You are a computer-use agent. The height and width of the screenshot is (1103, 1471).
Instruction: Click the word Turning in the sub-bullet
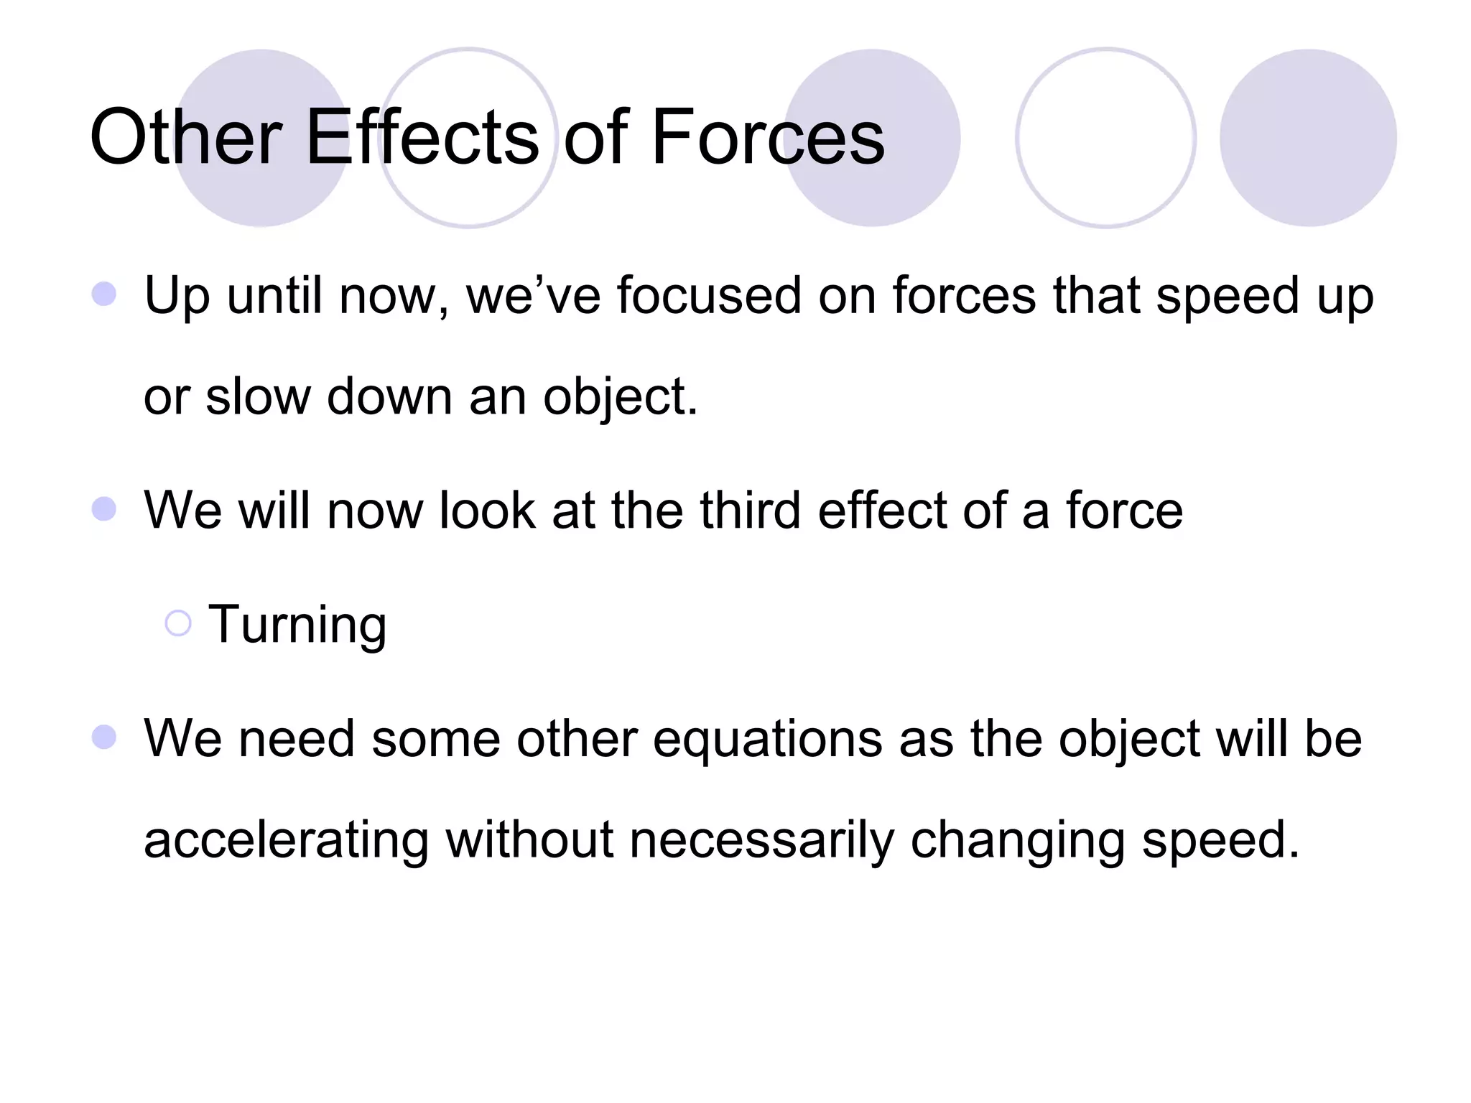point(297,625)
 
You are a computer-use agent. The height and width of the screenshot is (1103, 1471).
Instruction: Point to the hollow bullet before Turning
point(177,623)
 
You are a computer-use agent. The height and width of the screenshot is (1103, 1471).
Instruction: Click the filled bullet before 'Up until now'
point(104,294)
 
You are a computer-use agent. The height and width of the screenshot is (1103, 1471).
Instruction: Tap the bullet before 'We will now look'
point(104,509)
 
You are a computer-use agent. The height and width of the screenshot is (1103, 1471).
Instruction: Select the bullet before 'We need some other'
point(104,737)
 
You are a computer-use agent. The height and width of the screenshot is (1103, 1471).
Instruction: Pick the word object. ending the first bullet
point(620,397)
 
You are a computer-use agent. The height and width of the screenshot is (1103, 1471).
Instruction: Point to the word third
point(749,511)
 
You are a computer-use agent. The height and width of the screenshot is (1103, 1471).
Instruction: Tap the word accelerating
point(286,840)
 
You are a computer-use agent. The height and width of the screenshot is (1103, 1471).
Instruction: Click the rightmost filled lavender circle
point(1307,138)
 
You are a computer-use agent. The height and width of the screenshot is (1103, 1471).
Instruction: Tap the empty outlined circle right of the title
point(1105,138)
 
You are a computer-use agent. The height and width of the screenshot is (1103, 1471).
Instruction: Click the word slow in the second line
point(257,397)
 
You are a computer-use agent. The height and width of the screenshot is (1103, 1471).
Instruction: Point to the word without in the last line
point(529,840)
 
